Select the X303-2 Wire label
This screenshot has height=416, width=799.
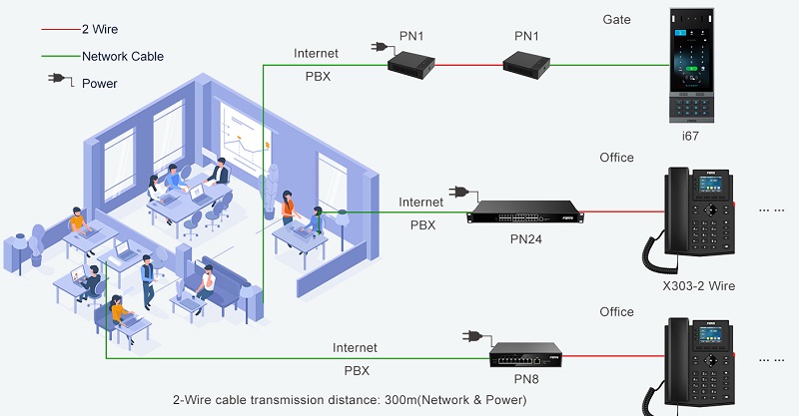698,286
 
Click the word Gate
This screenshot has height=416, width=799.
617,20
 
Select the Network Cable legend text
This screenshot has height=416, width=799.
123,57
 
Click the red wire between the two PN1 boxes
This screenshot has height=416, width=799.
470,66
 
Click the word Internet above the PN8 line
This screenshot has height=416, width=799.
355,348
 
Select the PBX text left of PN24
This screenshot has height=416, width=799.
422,225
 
